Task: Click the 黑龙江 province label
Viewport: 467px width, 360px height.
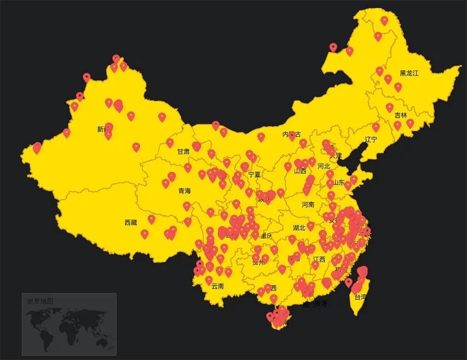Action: click(408, 73)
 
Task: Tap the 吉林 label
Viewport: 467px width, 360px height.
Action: click(401, 115)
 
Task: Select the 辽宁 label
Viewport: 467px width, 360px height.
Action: click(371, 140)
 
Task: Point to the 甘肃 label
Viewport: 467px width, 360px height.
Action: click(183, 152)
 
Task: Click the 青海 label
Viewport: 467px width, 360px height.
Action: click(185, 191)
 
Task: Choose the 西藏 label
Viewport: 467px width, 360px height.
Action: click(131, 223)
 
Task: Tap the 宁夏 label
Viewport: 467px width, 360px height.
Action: click(254, 175)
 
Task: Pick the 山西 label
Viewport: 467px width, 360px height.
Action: click(300, 171)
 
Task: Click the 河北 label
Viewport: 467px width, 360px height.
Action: click(324, 166)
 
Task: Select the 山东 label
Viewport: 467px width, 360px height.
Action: click(339, 183)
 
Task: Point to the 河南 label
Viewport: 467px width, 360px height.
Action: click(308, 205)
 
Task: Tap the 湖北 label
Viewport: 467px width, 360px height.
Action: click(299, 228)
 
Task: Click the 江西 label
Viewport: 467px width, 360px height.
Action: click(319, 259)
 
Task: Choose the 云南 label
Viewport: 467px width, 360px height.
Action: click(217, 286)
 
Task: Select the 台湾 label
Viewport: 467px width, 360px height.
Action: click(360, 298)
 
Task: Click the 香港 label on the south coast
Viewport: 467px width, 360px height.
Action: click(320, 304)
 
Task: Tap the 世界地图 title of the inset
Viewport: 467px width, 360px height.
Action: click(41, 301)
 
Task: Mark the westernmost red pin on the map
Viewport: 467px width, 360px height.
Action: click(37, 147)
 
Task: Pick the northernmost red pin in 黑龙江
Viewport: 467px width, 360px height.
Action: click(384, 20)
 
